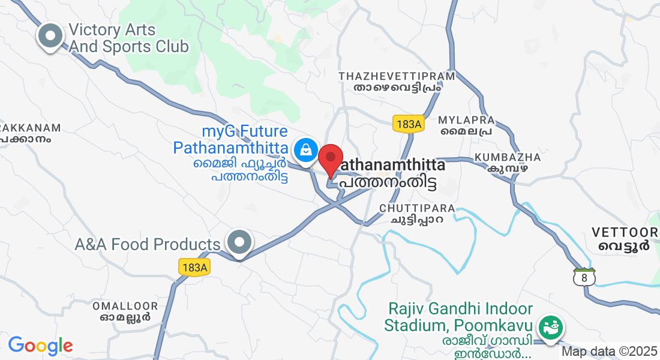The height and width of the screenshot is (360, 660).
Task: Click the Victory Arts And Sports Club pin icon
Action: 50,36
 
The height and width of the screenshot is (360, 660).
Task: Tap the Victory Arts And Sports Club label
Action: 128,38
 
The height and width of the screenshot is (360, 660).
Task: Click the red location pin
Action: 330,159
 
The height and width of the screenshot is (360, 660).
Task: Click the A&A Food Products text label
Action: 148,245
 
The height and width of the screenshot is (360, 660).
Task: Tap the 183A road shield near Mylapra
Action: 409,124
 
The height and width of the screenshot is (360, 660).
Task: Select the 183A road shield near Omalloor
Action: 194,268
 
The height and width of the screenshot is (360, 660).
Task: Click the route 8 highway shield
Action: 584,277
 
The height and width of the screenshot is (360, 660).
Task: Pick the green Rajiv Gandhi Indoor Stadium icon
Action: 550,328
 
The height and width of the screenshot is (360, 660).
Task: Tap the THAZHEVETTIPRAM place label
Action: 397,77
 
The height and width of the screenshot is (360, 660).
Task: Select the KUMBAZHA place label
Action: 508,158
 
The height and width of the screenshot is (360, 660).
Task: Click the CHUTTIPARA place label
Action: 417,208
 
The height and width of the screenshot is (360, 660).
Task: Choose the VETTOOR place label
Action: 624,232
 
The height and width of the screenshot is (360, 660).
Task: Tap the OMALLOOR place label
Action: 125,306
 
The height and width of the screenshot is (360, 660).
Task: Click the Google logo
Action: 40,346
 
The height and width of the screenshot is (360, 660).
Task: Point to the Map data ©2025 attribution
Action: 610,352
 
